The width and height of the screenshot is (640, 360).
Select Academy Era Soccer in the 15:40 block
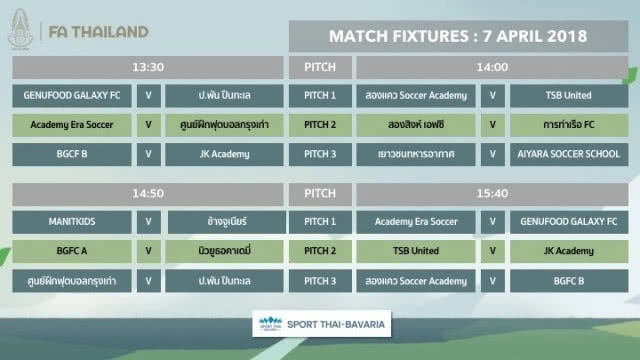(415, 221)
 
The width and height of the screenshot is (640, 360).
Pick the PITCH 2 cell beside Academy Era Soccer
(319, 126)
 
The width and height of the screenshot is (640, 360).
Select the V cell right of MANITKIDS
(148, 221)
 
